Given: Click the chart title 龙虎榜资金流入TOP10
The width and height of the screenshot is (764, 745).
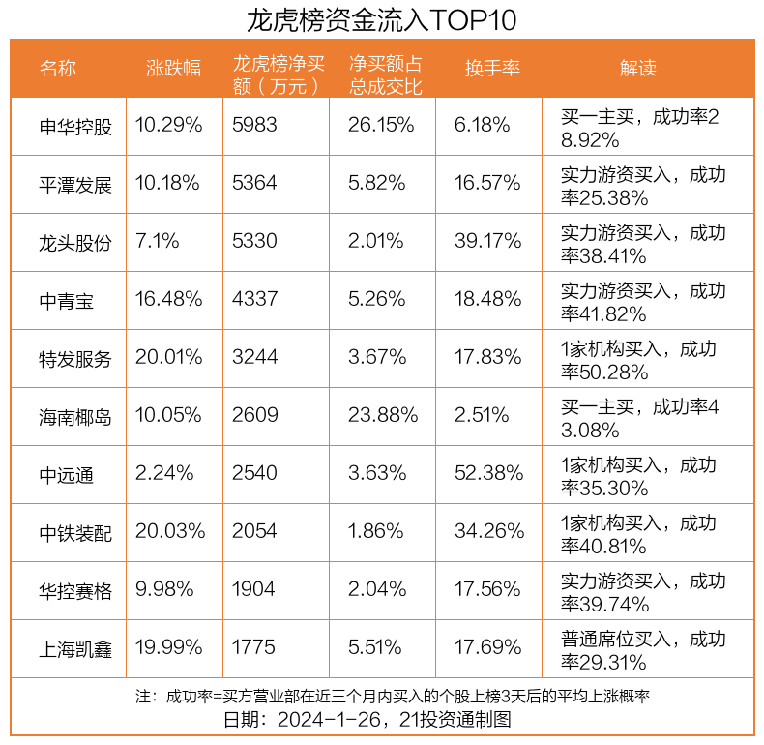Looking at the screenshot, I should [381, 19].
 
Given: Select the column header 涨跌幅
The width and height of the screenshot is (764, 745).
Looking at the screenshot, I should [173, 69].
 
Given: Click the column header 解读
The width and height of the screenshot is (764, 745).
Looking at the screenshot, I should [637, 69].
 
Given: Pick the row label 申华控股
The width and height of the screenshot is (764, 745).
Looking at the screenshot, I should [75, 127].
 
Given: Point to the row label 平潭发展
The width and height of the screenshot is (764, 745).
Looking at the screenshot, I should [75, 185].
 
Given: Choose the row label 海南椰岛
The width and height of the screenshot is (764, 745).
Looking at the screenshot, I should [75, 417].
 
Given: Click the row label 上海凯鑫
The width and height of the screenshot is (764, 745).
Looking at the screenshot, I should [75, 649].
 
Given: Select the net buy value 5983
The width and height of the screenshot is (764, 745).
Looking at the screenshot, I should [254, 127].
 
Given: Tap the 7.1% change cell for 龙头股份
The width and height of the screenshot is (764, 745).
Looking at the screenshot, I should [157, 243].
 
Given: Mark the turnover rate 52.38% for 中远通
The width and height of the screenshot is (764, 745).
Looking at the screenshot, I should [488, 475].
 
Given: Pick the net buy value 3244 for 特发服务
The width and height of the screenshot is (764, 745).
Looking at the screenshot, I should [254, 359].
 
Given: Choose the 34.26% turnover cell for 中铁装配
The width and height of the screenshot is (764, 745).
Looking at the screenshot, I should [488, 533].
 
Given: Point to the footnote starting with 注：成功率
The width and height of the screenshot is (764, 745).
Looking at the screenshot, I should [392, 697].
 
